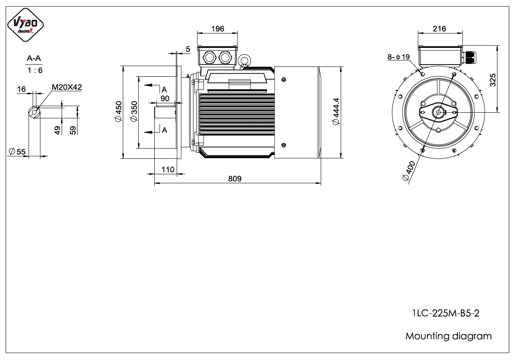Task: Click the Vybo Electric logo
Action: click(25, 25)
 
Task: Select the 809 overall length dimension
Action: click(235, 178)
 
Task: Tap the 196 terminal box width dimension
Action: click(217, 29)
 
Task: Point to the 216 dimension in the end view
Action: click(439, 29)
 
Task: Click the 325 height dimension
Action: click(493, 80)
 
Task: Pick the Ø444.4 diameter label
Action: click(336, 111)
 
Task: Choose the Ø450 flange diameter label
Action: click(118, 111)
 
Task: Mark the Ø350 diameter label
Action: click(134, 111)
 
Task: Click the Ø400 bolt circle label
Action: click(409, 171)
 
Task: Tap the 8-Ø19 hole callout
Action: click(399, 57)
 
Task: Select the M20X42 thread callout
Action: click(67, 87)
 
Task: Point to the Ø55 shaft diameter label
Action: click(17, 151)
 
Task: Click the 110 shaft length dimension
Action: click(168, 169)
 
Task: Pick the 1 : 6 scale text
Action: click(35, 70)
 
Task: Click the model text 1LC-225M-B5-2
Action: click(446, 313)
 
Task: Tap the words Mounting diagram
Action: click(448, 336)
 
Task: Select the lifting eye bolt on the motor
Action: click(244, 60)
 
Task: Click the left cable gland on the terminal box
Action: click(209, 58)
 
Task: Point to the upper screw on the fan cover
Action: click(284, 80)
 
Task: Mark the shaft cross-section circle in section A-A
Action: click(34, 113)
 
